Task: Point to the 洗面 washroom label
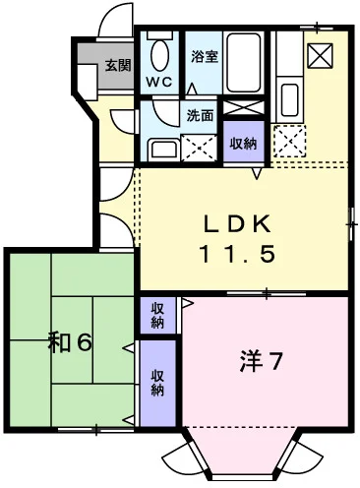click(201, 114)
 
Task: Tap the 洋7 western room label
click(261, 361)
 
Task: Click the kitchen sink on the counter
click(289, 99)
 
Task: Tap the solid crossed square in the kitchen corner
click(320, 54)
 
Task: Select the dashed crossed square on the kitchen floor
click(289, 142)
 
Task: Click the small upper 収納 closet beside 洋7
click(158, 316)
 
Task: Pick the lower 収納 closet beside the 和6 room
click(158, 382)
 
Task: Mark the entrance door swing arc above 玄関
click(114, 22)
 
